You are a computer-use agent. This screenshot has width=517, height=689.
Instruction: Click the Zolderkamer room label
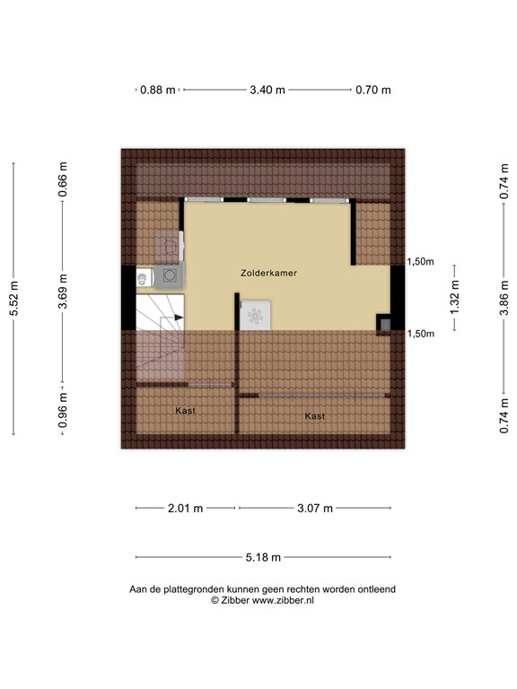tap(268, 272)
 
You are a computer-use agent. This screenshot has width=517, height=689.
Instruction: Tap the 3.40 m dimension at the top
tap(267, 90)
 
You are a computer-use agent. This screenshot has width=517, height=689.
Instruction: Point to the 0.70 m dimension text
tap(373, 90)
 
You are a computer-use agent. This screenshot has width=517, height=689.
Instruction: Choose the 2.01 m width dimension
tap(186, 509)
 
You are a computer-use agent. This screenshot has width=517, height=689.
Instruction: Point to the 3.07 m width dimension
tap(314, 509)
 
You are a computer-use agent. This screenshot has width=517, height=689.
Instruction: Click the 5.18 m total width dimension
tap(263, 557)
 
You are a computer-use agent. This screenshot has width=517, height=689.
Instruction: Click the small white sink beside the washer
tap(143, 280)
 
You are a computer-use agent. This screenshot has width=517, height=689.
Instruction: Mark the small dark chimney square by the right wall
tap(384, 324)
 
